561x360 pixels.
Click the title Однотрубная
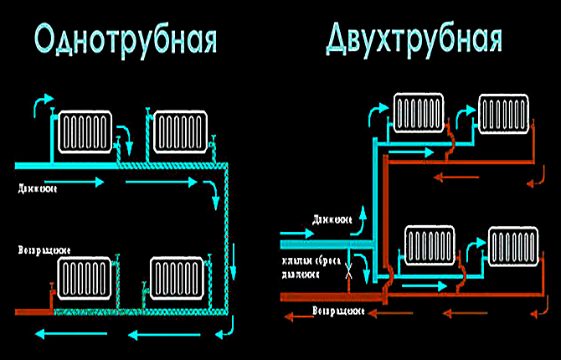click(x=126, y=39)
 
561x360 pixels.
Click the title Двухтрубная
click(x=414, y=37)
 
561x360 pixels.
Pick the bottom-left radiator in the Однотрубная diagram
click(x=85, y=279)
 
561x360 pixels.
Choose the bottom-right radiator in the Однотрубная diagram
click(x=178, y=279)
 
